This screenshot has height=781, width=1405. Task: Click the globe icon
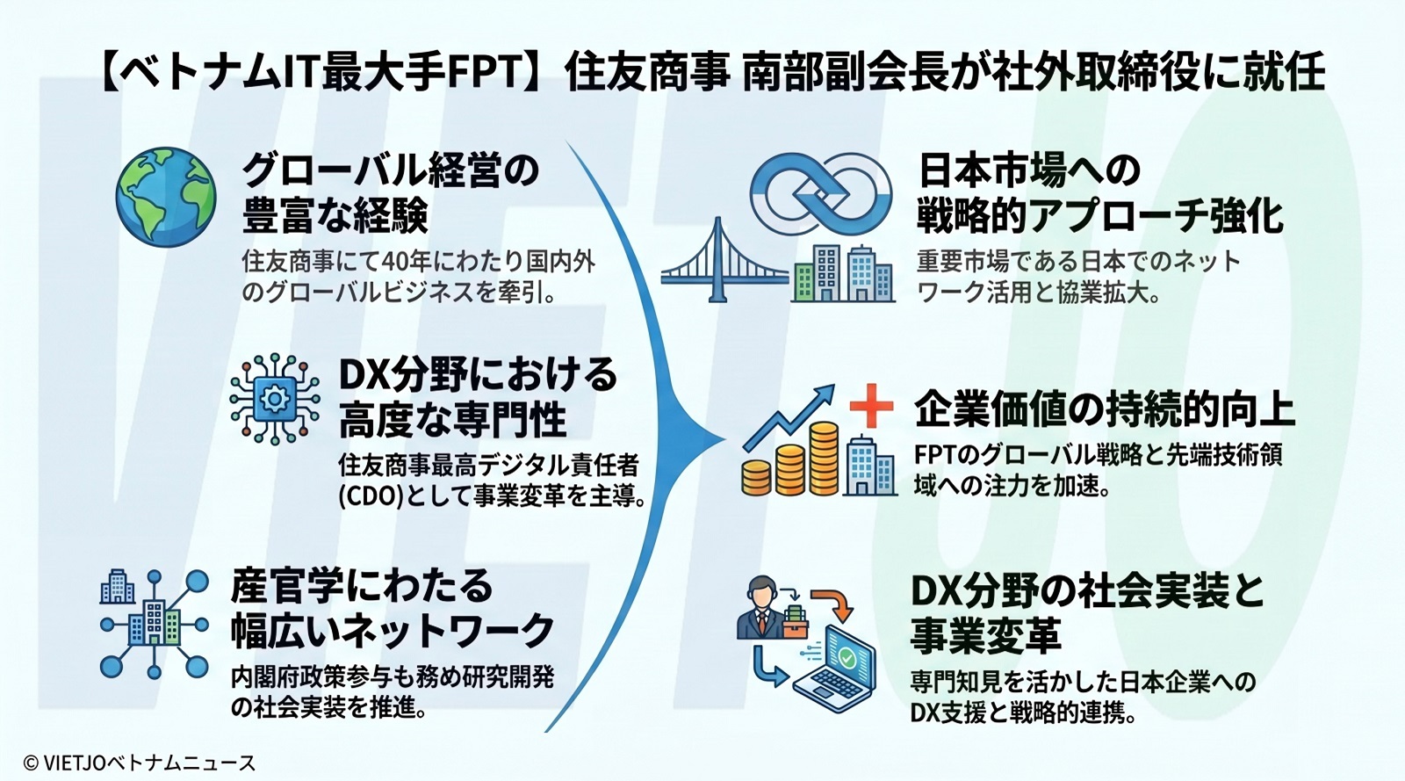click(x=166, y=197)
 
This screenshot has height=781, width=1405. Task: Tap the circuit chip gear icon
click(x=275, y=399)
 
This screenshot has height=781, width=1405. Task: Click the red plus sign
click(x=871, y=406)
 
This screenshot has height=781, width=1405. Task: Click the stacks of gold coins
click(x=791, y=460)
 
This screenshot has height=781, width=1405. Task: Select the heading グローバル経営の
click(x=390, y=170)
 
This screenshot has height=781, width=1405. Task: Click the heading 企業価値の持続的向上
click(x=1105, y=409)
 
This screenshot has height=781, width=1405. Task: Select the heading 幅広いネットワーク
click(x=393, y=630)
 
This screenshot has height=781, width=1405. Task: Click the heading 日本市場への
click(x=1028, y=170)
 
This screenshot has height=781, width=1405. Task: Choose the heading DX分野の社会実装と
click(x=1087, y=591)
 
